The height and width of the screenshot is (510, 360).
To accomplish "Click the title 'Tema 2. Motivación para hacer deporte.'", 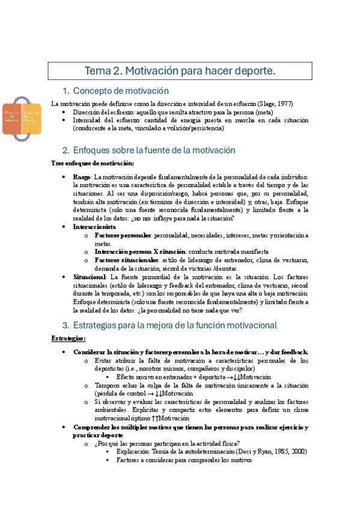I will (180, 71).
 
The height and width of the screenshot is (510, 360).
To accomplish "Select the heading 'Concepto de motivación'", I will (121, 91).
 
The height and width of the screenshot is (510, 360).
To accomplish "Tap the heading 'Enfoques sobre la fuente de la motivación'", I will (153, 150).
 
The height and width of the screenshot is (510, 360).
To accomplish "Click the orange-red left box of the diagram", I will (13, 115).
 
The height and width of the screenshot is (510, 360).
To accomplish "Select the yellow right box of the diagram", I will (32, 115).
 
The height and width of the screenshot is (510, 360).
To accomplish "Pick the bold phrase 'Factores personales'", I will (123, 236).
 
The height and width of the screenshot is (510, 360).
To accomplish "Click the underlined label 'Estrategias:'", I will (68, 339).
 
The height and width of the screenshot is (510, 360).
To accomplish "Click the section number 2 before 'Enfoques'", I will (66, 150).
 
